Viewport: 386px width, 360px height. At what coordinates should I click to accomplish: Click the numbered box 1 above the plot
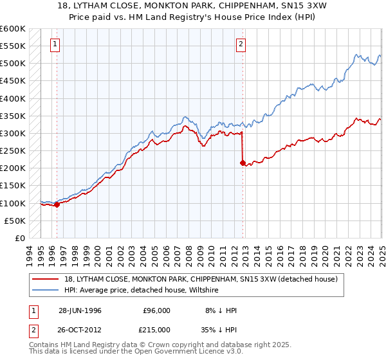(x=55, y=44)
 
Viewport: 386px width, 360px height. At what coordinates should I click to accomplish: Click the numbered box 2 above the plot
(x=241, y=44)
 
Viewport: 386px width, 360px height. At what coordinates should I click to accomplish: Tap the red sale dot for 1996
(x=57, y=205)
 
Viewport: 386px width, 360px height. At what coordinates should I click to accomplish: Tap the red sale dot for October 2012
(x=243, y=163)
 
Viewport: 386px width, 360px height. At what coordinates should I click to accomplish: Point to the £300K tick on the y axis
(x=14, y=134)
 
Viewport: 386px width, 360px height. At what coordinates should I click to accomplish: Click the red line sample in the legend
(x=46, y=279)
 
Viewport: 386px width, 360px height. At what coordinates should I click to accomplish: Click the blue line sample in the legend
(x=46, y=290)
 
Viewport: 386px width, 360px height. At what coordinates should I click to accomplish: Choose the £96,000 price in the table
(x=158, y=310)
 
